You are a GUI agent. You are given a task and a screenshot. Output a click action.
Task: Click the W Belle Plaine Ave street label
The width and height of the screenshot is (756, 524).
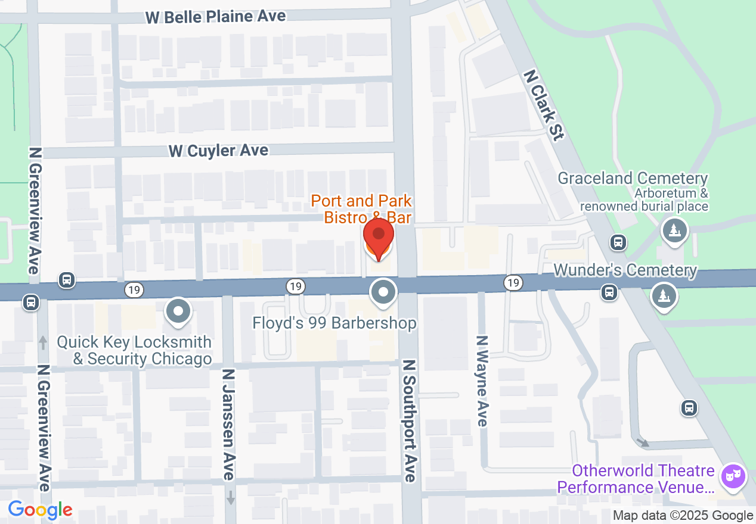point(216,16)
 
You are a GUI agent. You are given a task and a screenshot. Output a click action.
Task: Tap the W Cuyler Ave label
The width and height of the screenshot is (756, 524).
point(218,151)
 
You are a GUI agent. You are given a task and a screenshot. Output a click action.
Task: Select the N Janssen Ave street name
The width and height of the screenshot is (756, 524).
point(228,425)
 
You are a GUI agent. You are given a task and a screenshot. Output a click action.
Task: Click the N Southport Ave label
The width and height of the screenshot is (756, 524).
point(409,420)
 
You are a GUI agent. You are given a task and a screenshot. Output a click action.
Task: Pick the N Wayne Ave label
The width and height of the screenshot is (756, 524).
point(482,381)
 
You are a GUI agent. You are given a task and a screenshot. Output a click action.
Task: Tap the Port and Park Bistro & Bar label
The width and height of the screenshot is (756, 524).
point(361,209)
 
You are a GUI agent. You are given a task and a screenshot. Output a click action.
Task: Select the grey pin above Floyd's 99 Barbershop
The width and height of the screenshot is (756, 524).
point(383,293)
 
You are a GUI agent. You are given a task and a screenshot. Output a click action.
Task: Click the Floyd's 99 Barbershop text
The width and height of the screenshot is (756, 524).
point(334,323)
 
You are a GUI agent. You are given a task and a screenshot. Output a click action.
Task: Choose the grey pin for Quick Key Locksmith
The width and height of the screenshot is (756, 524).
point(178,311)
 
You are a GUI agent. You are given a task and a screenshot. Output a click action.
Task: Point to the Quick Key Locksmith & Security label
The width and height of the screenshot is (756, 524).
point(134,351)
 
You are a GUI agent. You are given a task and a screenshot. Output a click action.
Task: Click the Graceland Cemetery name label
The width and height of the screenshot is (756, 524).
point(633,178)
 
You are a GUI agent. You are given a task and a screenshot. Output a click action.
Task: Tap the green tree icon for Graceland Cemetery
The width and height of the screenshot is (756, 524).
point(674,230)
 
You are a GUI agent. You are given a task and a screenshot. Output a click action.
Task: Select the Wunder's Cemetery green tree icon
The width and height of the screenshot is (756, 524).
point(663,296)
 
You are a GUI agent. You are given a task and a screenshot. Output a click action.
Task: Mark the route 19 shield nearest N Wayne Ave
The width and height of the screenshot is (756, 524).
point(513,283)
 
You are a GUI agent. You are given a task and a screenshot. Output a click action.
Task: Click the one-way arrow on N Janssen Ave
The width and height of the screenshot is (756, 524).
point(231,497)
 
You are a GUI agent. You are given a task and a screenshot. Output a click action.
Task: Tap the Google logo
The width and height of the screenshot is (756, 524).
point(41,510)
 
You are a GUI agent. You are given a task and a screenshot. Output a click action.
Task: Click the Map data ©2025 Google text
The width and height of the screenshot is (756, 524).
point(683,516)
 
